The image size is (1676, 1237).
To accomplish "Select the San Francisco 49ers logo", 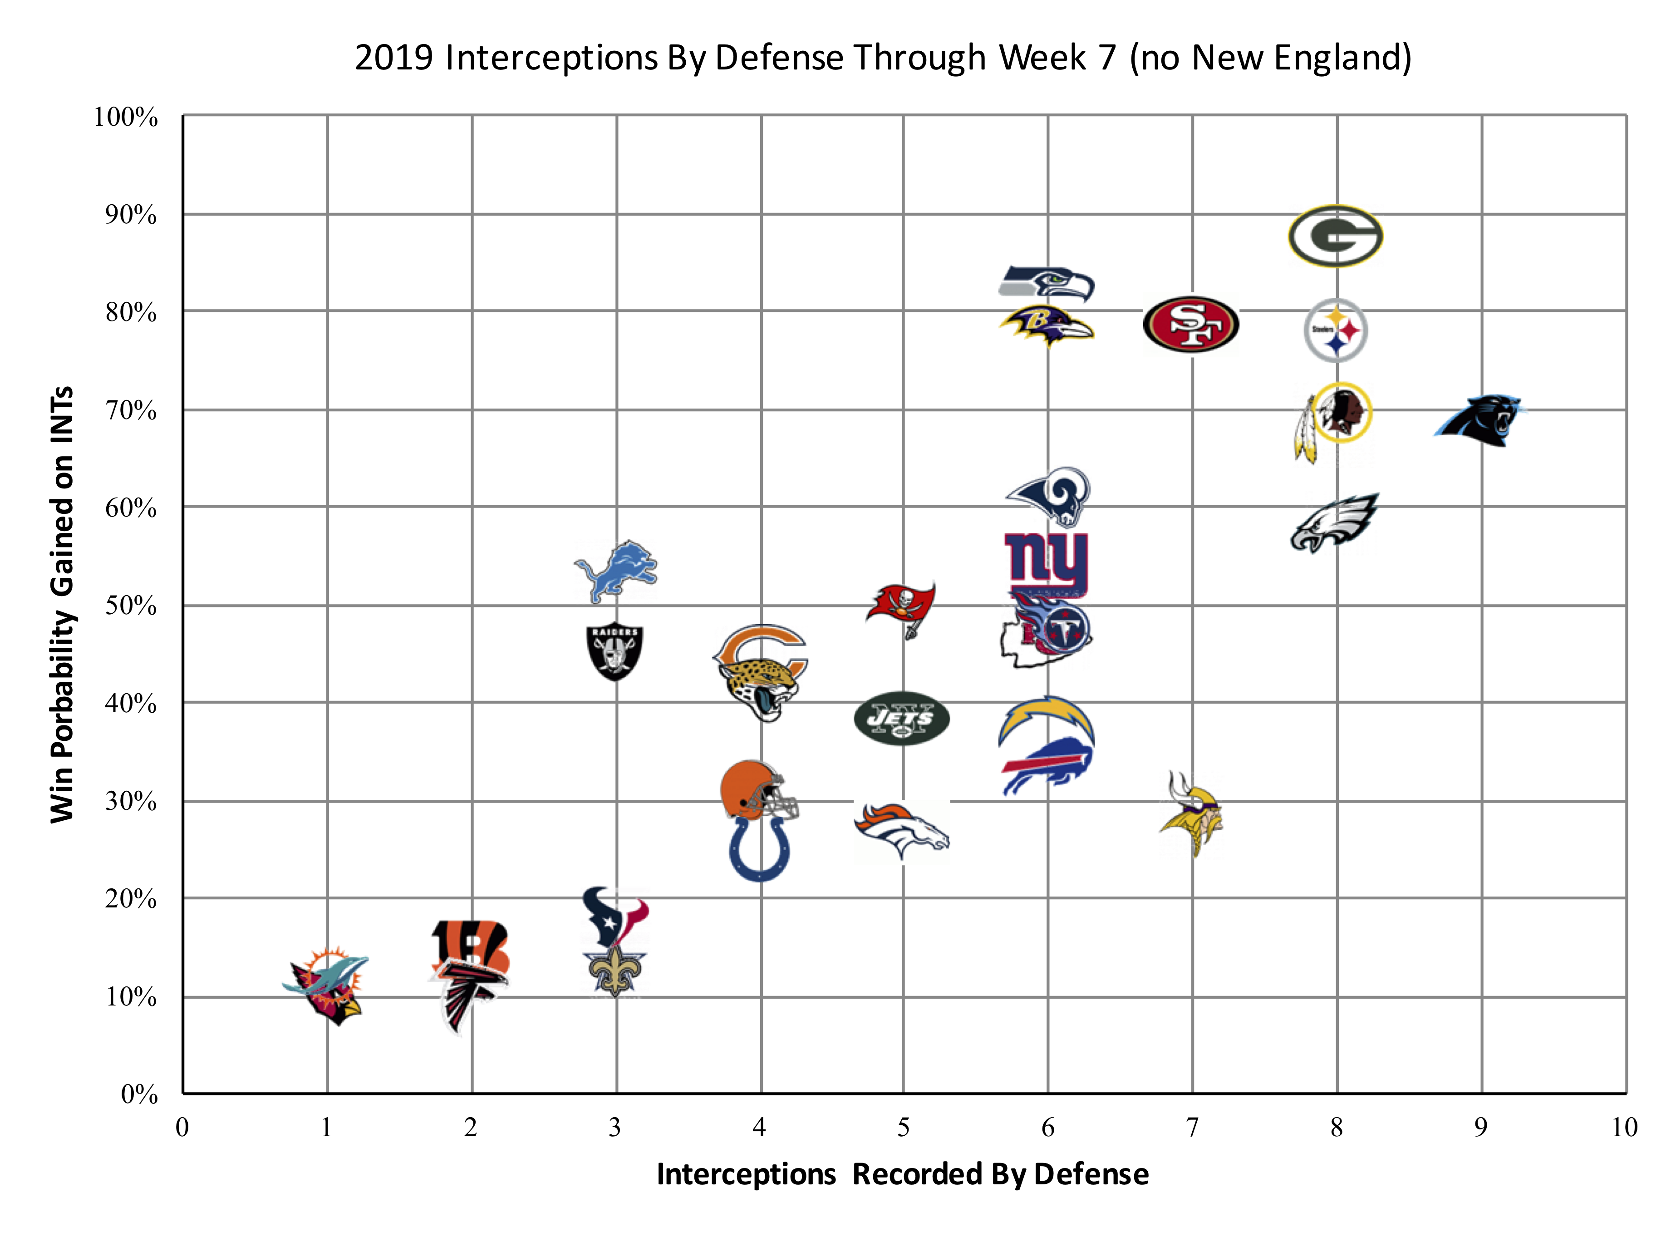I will click(x=1190, y=324).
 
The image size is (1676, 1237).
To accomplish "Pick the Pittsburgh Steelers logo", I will click(x=1336, y=330).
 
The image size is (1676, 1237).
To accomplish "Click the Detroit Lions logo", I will click(x=615, y=571).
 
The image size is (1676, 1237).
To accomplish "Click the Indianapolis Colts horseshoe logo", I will click(x=759, y=850).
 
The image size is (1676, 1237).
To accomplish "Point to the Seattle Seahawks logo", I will click(x=1047, y=283).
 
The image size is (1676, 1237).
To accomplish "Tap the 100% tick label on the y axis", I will click(x=126, y=118).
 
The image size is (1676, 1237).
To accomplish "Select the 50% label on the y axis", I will click(x=131, y=605).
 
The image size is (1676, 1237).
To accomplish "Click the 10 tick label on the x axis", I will click(x=1624, y=1128).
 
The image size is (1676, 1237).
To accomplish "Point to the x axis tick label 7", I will click(x=1192, y=1128).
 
